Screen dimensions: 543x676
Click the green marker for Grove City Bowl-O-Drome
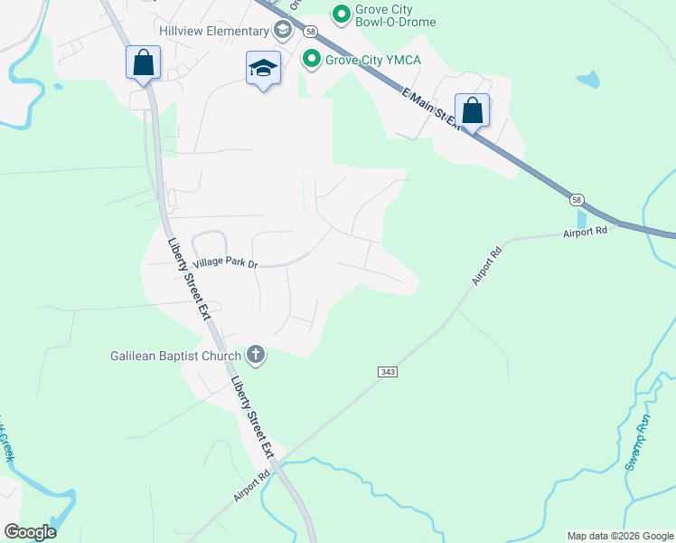point(341,13)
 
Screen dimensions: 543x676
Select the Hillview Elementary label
point(213,31)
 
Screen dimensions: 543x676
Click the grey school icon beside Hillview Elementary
point(283,31)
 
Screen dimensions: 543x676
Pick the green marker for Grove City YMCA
point(312,60)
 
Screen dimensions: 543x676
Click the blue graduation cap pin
point(264,69)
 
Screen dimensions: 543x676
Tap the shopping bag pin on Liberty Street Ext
point(143,63)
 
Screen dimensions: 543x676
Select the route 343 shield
point(387,372)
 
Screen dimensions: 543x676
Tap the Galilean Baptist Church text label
point(175,356)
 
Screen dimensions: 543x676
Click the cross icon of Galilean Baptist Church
point(256,355)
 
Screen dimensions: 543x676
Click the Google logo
point(30,532)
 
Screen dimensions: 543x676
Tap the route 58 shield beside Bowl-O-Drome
point(309,30)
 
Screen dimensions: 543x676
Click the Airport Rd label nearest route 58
point(585,233)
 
